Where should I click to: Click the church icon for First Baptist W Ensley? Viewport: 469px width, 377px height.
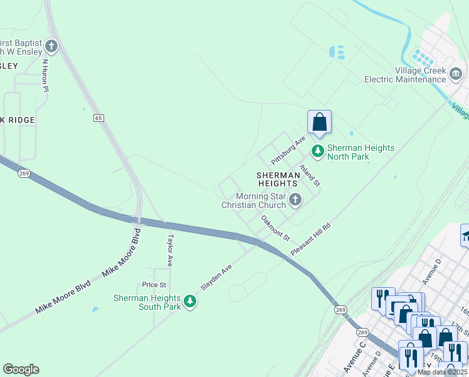click(51, 45)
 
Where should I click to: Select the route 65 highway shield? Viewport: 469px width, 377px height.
click(98, 117)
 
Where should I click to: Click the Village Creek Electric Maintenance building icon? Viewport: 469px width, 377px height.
click(456, 75)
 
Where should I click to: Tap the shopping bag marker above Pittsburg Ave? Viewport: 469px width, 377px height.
click(319, 122)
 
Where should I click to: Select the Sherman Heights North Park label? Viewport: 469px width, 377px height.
click(361, 152)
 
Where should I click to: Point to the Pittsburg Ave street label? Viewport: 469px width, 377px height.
click(287, 148)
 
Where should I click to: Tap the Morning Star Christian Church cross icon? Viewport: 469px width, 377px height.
click(295, 200)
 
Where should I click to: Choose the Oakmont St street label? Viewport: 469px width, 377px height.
click(276, 228)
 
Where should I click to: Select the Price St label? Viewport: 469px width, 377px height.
click(154, 285)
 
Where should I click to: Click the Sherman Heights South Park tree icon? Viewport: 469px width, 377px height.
click(190, 302)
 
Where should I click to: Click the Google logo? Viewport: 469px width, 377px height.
click(21, 369)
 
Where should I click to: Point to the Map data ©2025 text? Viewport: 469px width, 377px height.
click(442, 372)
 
